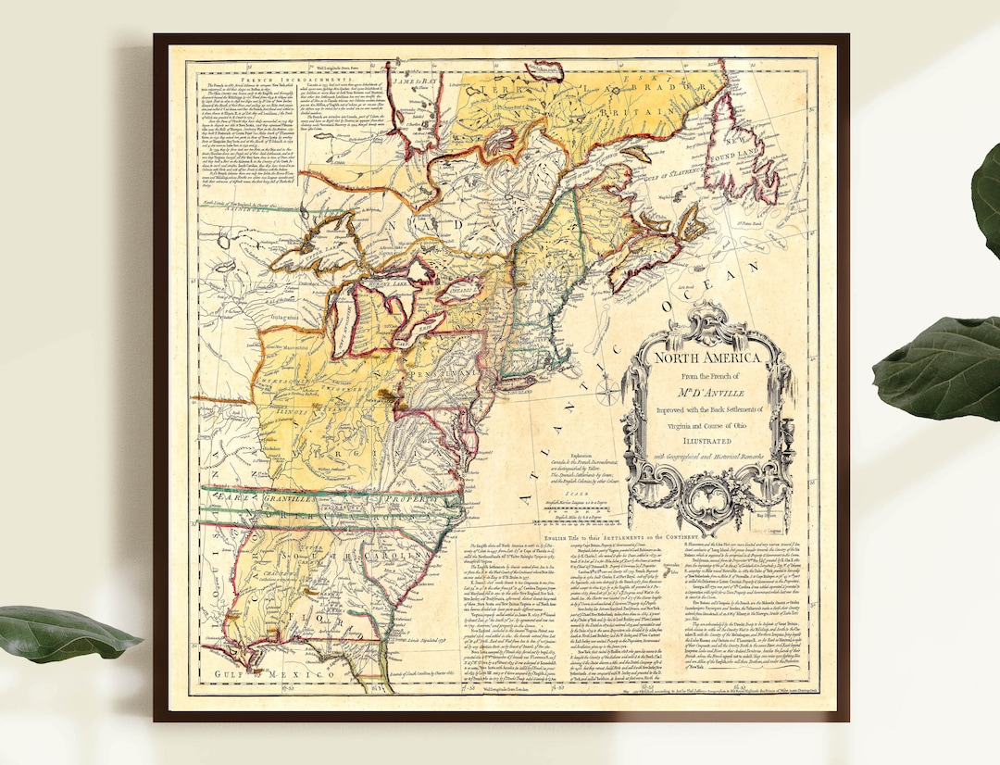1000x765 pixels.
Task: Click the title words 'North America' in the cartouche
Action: (708, 357)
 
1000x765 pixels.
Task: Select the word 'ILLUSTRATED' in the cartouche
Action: (708, 441)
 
